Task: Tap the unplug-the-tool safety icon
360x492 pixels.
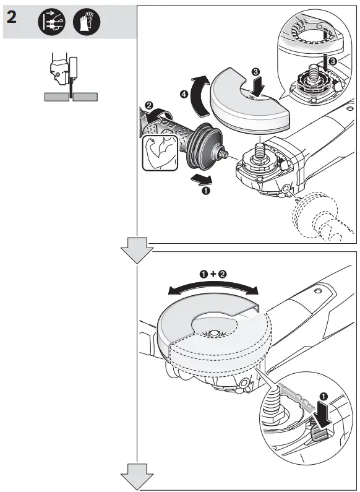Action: coord(52,22)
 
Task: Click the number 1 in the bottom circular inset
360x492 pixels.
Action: coord(324,394)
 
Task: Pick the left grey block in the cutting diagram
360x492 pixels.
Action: coord(57,97)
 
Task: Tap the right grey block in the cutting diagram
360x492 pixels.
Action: coord(86,97)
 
